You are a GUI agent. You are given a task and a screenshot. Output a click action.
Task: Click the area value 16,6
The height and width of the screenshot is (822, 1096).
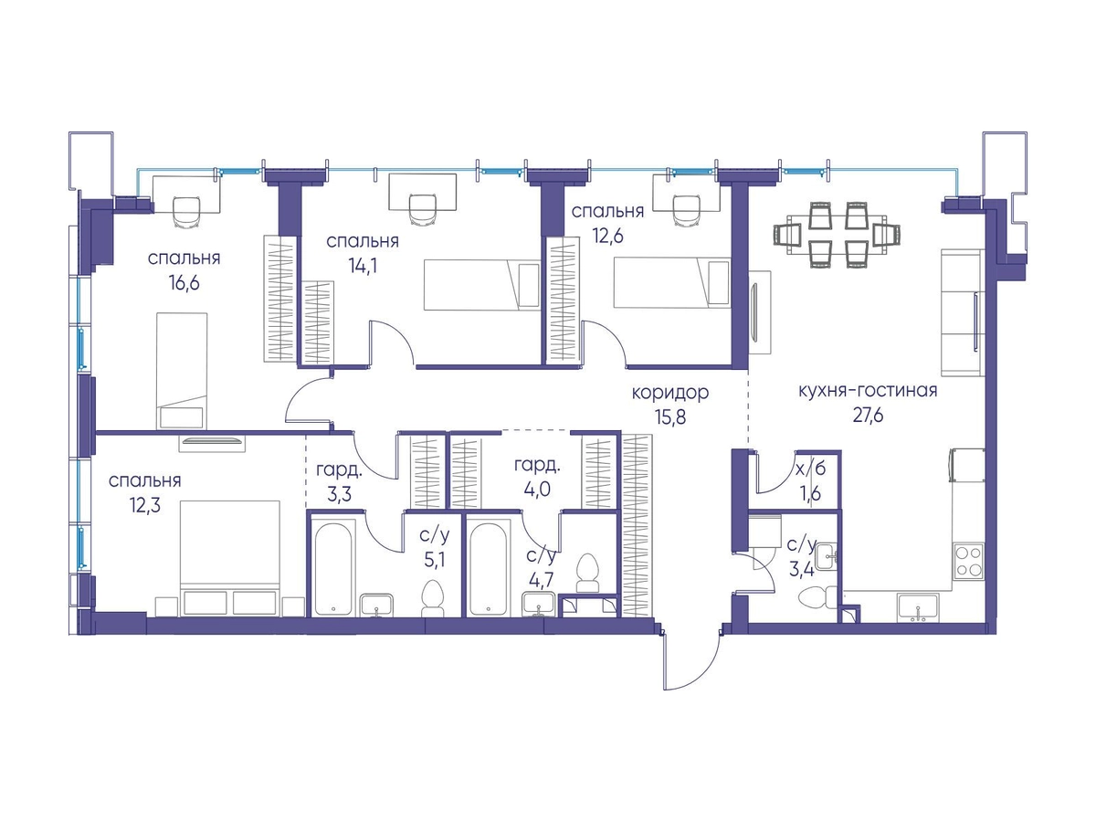(184, 283)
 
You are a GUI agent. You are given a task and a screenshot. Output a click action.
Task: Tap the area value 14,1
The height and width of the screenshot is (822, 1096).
(363, 266)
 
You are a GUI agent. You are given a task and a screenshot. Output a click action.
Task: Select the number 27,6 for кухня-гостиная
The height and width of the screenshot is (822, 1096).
(868, 415)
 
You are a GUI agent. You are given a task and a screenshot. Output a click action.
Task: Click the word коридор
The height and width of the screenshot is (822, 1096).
(670, 394)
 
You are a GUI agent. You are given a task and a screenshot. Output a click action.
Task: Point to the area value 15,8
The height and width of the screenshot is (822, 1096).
(670, 416)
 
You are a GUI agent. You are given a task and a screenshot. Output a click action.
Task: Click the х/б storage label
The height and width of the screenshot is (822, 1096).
(810, 469)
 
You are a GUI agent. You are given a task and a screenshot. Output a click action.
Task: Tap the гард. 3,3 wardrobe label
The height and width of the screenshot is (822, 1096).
(339, 481)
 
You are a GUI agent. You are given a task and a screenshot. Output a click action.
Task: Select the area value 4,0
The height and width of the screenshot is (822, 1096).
(537, 489)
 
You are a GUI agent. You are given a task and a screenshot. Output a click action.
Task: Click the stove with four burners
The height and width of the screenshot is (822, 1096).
(967, 562)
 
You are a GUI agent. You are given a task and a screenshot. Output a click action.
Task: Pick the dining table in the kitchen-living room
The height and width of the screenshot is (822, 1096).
(837, 235)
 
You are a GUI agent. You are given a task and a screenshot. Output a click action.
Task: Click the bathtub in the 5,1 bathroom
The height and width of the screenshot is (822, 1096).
(333, 567)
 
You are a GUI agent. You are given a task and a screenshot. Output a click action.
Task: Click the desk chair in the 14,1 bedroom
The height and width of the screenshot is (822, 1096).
(423, 210)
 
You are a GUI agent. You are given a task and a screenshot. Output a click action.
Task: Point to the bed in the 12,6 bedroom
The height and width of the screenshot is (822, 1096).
(672, 282)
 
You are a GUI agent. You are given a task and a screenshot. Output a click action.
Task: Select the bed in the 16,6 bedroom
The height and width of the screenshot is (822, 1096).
(182, 370)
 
